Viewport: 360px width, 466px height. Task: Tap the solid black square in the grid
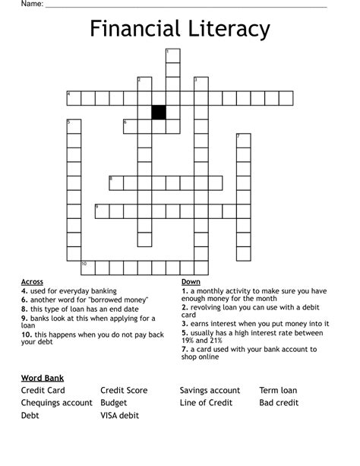pyautogui.click(x=159, y=113)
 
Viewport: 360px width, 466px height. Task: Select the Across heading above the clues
pyautogui.click(x=32, y=281)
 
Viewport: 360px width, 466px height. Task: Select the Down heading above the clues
pyautogui.click(x=191, y=281)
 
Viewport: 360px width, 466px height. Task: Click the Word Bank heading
pyautogui.click(x=43, y=378)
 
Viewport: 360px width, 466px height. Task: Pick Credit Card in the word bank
pyautogui.click(x=43, y=391)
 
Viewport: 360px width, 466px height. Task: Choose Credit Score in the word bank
pyautogui.click(x=124, y=391)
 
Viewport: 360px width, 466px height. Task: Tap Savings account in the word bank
pyautogui.click(x=210, y=391)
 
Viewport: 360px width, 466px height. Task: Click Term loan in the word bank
pyautogui.click(x=278, y=391)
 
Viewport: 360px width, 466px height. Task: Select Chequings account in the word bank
pyautogui.click(x=57, y=403)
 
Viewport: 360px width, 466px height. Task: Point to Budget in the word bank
pyautogui.click(x=114, y=403)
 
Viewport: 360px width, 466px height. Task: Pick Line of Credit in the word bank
pyautogui.click(x=206, y=403)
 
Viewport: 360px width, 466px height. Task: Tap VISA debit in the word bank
pyautogui.click(x=120, y=416)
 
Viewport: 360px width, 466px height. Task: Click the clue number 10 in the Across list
pyautogui.click(x=26, y=334)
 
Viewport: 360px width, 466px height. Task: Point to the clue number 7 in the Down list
pyautogui.click(x=184, y=349)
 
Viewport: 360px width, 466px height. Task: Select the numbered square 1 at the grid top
pyautogui.click(x=173, y=55)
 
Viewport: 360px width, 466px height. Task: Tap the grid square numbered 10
pyautogui.click(x=88, y=267)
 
